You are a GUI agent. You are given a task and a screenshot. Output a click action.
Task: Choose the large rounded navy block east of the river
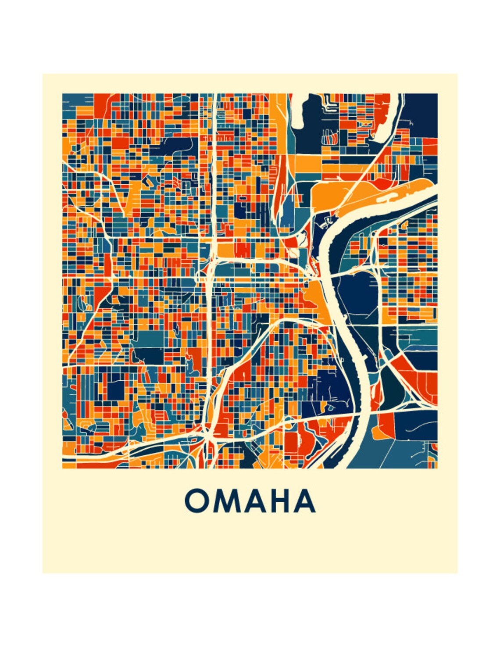click(356, 294)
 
